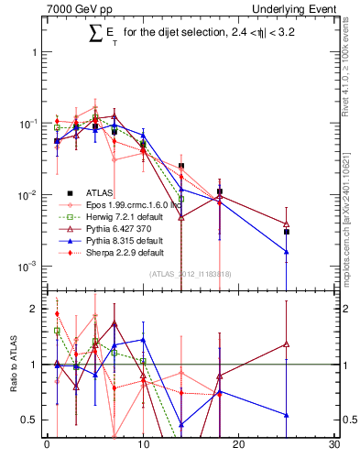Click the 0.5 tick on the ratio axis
[32, 420]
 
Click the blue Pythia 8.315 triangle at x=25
[287, 252]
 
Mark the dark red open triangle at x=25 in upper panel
[287, 224]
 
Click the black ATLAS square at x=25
[287, 232]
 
